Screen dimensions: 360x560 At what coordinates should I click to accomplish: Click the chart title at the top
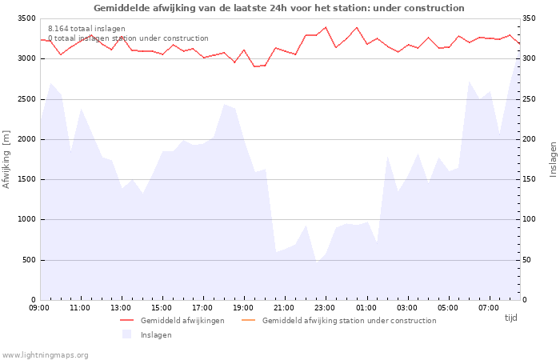tap(278, 8)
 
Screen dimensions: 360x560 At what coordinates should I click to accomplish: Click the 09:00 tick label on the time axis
tap(39, 307)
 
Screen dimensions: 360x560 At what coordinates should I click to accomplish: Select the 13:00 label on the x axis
tap(121, 307)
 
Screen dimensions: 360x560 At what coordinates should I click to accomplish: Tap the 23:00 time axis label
tap(325, 307)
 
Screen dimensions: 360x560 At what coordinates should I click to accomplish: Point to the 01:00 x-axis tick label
tap(366, 307)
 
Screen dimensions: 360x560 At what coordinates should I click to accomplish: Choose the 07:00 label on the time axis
tap(488, 307)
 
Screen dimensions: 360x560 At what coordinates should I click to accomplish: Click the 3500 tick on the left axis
tap(26, 18)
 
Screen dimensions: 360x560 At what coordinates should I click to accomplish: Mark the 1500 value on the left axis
tap(26, 179)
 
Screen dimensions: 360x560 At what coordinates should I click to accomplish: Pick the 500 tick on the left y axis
tap(28, 260)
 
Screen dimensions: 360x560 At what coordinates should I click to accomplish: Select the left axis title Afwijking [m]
tap(7, 159)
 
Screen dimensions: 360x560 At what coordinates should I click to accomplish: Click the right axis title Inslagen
tap(552, 159)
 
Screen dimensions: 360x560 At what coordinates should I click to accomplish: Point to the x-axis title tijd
tap(510, 318)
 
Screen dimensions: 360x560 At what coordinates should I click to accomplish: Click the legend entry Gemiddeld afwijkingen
tap(182, 321)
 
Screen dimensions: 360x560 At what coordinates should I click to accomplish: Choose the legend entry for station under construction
tap(349, 321)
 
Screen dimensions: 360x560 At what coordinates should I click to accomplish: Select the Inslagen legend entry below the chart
tap(155, 335)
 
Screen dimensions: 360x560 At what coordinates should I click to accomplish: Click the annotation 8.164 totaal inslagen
tap(86, 29)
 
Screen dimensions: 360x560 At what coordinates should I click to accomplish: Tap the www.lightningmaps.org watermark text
tap(46, 354)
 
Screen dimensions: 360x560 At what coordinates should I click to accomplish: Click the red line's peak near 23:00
tap(325, 27)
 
